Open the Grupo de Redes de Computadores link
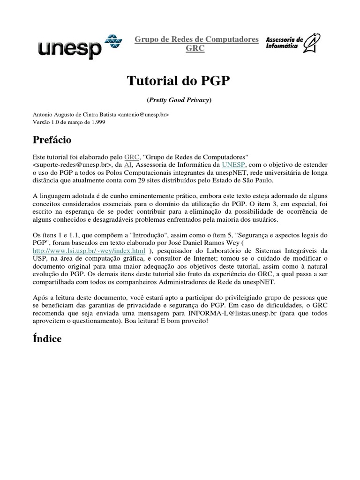point(196,39)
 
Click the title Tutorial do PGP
point(179,81)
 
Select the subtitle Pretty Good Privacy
point(180,100)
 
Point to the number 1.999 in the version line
point(97,122)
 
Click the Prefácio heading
point(52,140)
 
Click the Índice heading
point(47,338)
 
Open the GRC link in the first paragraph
point(131,157)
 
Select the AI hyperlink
point(128,165)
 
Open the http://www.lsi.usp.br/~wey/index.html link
point(89,251)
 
